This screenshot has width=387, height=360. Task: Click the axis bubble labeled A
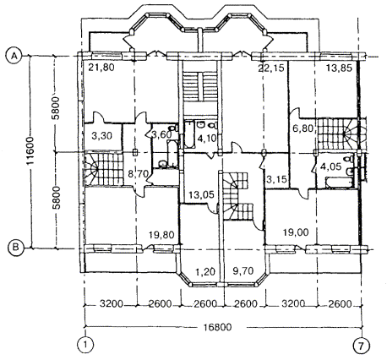coord(14,57)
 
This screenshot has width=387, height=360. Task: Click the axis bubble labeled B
coord(15,248)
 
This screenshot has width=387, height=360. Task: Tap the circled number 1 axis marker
coord(84,345)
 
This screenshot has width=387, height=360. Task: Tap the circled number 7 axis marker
coord(362,345)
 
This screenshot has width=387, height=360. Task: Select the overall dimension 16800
coord(219,327)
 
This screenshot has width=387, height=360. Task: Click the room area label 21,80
coord(101,68)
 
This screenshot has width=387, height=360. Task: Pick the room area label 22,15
coord(271,68)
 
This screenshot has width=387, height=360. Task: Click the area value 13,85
coord(339,68)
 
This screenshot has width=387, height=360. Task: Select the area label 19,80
coord(162,234)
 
